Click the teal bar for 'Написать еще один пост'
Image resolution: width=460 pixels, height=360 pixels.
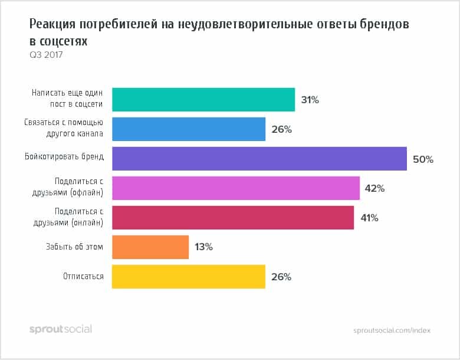[x=203, y=100]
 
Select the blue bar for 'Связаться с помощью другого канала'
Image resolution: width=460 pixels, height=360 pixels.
[x=188, y=129]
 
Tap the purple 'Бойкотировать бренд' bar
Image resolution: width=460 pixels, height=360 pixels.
[x=259, y=159]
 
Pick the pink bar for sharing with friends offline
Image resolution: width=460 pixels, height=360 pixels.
[x=235, y=188]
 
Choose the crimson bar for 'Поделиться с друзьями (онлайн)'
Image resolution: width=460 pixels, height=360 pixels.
[x=232, y=218]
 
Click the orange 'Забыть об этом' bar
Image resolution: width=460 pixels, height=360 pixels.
[x=150, y=247]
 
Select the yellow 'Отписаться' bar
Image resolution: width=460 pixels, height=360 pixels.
[x=188, y=277]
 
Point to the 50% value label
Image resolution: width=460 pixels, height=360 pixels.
[x=423, y=159]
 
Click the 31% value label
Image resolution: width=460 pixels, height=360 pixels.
[x=310, y=100]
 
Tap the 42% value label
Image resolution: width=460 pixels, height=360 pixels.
[x=375, y=189]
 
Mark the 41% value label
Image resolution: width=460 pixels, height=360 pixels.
[x=369, y=218]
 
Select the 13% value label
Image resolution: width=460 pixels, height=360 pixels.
[x=203, y=248]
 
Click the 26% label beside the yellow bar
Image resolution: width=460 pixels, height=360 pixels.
[x=281, y=277]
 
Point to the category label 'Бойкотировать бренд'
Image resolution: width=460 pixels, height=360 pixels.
[x=70, y=157]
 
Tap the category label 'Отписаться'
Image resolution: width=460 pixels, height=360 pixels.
[x=84, y=276]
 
